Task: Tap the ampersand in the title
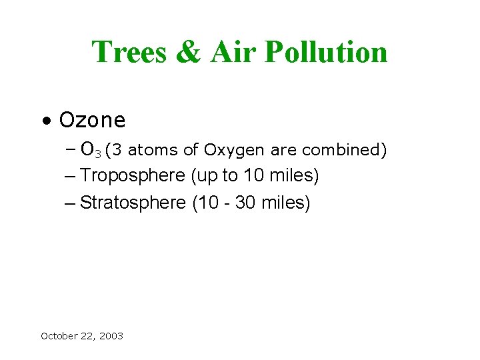coord(189,53)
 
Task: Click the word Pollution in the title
coord(326,52)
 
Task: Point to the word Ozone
coord(92,120)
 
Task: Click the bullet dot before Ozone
coord(45,121)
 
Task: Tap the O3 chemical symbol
coord(90,150)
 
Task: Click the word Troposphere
coord(132,177)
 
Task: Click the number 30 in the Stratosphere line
coord(246,203)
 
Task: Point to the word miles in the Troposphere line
coord(297,176)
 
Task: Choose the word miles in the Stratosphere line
coord(285,203)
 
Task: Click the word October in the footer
coord(59,336)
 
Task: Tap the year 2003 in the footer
coord(111,336)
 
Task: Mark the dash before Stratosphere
coord(71,203)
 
